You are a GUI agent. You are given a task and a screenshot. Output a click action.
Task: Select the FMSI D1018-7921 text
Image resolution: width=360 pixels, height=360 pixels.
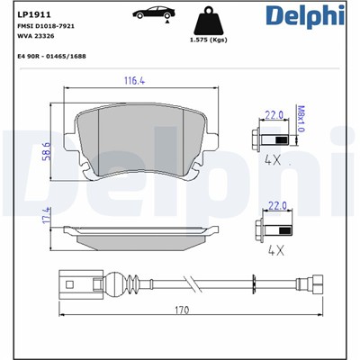(x=45, y=27)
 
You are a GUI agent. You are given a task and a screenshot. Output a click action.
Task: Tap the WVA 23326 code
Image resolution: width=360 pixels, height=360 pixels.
(x=37, y=37)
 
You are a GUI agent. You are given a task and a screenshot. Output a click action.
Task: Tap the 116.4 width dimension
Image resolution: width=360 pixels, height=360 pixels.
(x=135, y=82)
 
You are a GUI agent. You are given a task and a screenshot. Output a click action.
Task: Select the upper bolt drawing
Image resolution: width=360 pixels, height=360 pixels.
(x=273, y=140)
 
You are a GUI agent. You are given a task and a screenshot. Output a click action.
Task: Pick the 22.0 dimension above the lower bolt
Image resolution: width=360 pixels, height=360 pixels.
(x=278, y=207)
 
